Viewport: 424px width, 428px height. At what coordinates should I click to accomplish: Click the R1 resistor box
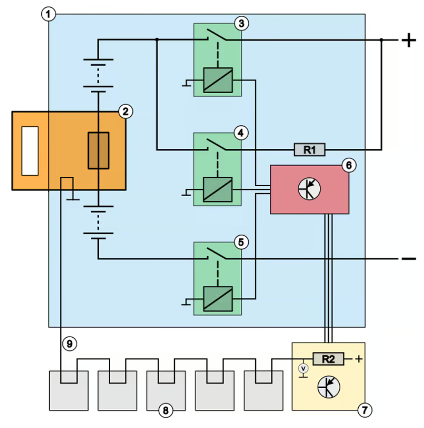310,149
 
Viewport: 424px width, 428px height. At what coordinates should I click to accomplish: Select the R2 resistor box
329,359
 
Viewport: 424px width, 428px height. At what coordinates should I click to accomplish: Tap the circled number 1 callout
48,14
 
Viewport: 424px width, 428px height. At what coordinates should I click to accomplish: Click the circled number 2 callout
126,111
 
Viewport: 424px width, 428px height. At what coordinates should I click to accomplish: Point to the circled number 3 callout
241,23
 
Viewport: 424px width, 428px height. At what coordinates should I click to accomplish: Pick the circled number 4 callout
240,133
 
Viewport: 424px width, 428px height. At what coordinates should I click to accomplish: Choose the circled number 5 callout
241,242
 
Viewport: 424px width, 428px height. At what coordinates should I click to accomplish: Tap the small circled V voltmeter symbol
303,369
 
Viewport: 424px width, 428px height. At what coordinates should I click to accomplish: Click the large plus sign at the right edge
408,41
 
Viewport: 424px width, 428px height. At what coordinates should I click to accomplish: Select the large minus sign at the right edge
408,258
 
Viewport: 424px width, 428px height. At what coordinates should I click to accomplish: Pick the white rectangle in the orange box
30,150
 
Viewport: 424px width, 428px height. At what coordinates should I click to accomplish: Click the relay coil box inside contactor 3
218,80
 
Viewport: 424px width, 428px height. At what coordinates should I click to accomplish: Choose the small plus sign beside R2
359,359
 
